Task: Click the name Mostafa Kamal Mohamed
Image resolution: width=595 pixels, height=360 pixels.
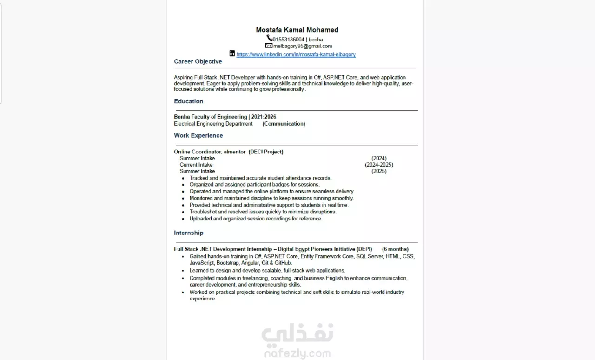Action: pos(297,30)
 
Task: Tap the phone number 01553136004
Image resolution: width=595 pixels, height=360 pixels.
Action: pos(288,40)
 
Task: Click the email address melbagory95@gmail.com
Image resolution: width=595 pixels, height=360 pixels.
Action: pos(303,46)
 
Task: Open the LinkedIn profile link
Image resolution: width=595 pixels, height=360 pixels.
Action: pos(296,54)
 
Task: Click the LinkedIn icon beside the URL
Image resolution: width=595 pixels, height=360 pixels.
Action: pos(232,53)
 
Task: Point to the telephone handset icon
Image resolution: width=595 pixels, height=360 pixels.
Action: pos(269,39)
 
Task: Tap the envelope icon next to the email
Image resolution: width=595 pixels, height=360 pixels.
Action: pos(269,46)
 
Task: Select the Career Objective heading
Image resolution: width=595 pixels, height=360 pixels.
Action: pos(198,61)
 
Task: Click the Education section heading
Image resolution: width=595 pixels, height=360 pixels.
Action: pos(188,101)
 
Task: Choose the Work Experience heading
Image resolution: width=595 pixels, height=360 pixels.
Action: pos(198,135)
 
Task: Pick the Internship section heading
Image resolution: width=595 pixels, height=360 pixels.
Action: pos(189,233)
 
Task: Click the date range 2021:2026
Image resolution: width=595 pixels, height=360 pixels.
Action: pos(267,117)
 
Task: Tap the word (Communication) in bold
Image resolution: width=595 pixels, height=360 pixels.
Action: pos(284,124)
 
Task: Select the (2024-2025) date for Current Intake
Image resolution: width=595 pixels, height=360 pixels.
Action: pos(379,165)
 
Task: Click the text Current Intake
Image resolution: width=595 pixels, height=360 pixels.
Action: pos(196,165)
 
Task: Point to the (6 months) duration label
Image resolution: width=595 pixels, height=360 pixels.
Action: pos(395,249)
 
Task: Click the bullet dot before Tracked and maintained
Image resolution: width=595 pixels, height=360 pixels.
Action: pos(183,178)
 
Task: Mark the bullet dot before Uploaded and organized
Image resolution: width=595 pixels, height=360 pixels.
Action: pos(183,219)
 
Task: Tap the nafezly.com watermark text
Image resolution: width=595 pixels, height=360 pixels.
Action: pos(297,354)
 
